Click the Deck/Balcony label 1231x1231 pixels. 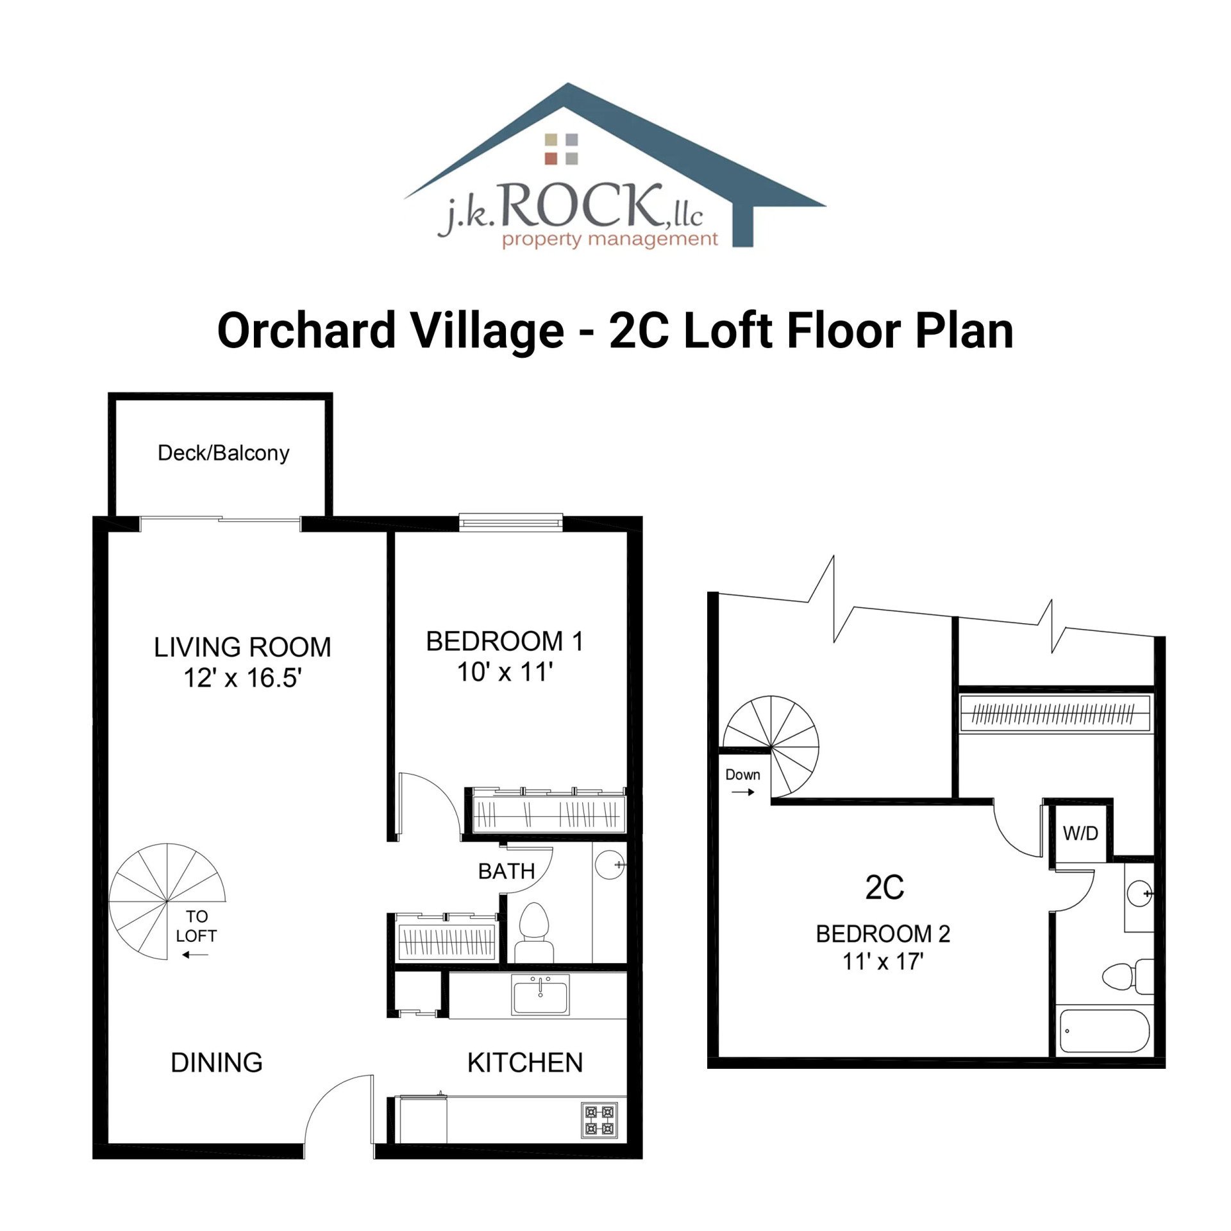point(223,453)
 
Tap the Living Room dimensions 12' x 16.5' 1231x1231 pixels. point(242,678)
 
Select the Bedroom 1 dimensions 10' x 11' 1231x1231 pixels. point(505,673)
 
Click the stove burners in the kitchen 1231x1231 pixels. point(599,1120)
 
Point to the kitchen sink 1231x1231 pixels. point(540,996)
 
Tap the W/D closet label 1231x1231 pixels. point(1080,833)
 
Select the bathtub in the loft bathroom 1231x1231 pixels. point(1103,1032)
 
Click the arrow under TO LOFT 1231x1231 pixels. point(195,955)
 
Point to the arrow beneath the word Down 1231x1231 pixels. point(742,792)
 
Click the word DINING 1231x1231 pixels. point(217,1063)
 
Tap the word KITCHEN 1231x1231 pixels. point(525,1063)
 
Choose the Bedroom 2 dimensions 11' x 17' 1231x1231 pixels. point(882,962)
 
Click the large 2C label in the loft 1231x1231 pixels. point(884,888)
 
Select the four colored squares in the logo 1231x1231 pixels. point(561,149)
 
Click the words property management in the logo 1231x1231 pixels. point(609,240)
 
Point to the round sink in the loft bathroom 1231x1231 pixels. point(1140,893)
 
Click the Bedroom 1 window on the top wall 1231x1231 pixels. point(511,523)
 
